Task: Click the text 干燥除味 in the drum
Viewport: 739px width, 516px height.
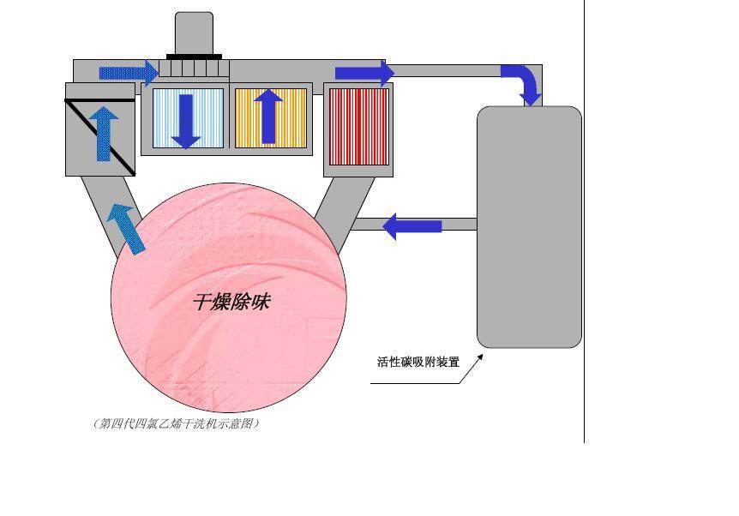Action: pyautogui.click(x=231, y=302)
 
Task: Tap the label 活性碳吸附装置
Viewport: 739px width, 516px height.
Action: pyautogui.click(x=418, y=362)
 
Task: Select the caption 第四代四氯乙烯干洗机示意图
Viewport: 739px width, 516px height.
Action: pyautogui.click(x=177, y=423)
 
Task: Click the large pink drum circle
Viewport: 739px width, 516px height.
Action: pyautogui.click(x=229, y=297)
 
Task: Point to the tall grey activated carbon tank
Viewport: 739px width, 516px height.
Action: pyautogui.click(x=529, y=227)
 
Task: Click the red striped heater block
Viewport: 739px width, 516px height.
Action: pyautogui.click(x=358, y=127)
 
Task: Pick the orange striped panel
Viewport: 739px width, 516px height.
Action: pyautogui.click(x=271, y=118)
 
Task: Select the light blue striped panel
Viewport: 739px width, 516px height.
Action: pyautogui.click(x=188, y=118)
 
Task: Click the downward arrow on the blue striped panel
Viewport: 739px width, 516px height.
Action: pyautogui.click(x=186, y=122)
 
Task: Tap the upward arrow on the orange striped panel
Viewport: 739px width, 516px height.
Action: pyautogui.click(x=268, y=117)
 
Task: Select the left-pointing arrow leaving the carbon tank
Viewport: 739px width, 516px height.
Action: pyautogui.click(x=412, y=226)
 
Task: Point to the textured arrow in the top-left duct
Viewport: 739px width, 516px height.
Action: pyautogui.click(x=129, y=73)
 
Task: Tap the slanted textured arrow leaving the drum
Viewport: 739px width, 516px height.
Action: pyautogui.click(x=126, y=229)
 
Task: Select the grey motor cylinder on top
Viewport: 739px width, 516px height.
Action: pyautogui.click(x=194, y=33)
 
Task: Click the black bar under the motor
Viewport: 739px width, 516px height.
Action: pyautogui.click(x=194, y=57)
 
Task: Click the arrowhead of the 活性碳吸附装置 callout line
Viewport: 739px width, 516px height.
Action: pyautogui.click(x=481, y=357)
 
